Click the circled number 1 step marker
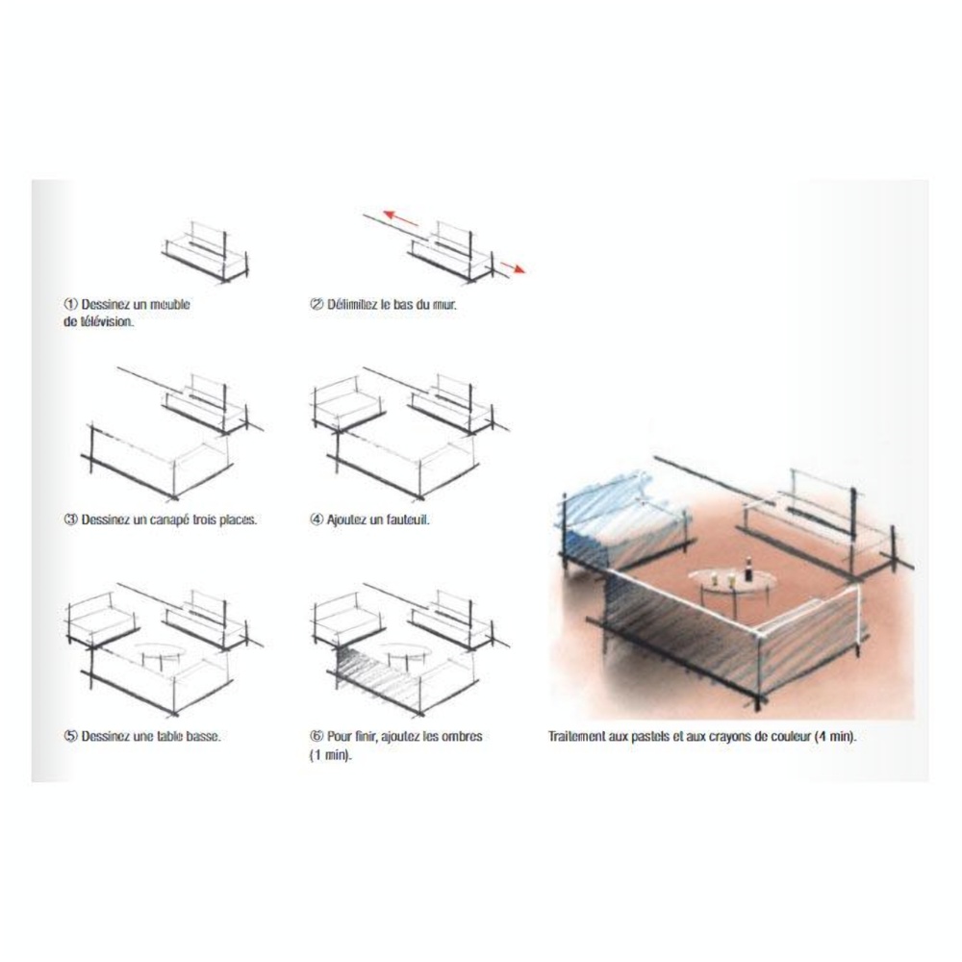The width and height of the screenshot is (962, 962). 70,304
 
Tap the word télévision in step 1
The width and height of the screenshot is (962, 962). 106,321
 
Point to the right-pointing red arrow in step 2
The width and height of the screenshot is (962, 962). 513,266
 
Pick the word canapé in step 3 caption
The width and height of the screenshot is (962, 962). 168,520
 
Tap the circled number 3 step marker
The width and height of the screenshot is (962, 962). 70,519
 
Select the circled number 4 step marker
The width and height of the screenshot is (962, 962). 316,519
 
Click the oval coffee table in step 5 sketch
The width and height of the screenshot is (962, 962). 159,651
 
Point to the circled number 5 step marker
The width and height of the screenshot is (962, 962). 70,736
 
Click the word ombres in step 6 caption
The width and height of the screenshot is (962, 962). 462,736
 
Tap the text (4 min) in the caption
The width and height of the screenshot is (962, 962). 835,736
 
